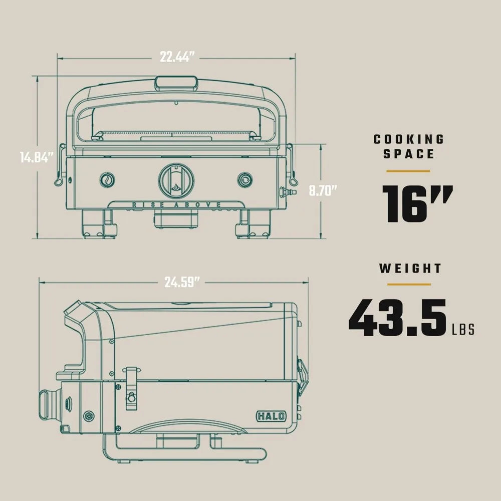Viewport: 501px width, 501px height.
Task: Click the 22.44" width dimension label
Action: tap(177, 57)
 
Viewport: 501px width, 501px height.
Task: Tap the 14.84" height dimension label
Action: tap(37, 157)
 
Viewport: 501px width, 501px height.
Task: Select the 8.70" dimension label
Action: tap(323, 191)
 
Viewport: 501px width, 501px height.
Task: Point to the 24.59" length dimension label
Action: tap(182, 282)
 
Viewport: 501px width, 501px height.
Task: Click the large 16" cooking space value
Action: tap(417, 204)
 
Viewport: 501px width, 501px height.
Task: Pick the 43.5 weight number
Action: tap(397, 318)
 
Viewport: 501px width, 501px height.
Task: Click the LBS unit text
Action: tap(463, 330)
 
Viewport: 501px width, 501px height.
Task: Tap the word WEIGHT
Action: tap(411, 269)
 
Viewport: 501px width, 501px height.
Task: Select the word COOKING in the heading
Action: tap(409, 139)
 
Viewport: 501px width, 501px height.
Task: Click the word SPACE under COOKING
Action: tap(409, 154)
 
